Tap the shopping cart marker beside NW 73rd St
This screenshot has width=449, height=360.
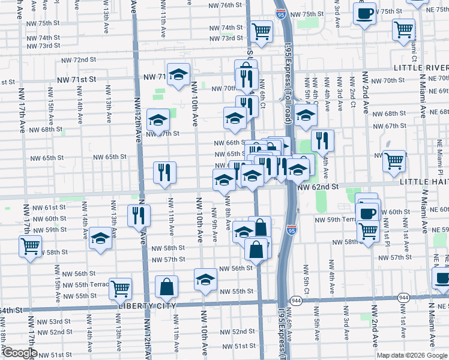pyautogui.click(x=261, y=31)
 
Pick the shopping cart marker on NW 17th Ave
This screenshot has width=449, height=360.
pyautogui.click(x=30, y=245)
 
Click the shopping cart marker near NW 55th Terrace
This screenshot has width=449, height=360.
pyautogui.click(x=121, y=288)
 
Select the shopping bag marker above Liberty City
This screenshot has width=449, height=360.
pyautogui.click(x=166, y=287)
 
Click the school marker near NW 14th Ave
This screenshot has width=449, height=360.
pyautogui.click(x=100, y=238)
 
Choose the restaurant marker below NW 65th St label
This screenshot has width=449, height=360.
pyautogui.click(x=164, y=172)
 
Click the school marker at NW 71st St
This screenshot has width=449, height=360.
pyautogui.click(x=178, y=74)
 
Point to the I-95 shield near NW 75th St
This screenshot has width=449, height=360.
pyautogui.click(x=280, y=13)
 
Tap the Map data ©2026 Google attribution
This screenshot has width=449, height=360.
pyautogui.click(x=411, y=355)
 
